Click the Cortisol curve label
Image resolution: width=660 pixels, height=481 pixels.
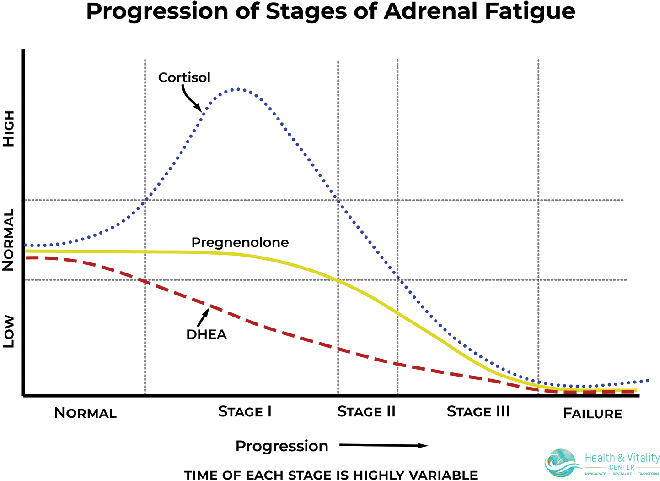point(184,77)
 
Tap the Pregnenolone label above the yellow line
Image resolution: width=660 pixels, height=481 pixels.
point(240,242)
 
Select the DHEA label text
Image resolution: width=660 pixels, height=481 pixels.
point(206,334)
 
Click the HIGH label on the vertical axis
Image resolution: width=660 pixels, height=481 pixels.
point(9,129)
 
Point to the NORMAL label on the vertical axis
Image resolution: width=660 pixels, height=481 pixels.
point(9,240)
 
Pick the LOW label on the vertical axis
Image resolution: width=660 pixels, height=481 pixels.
point(9,331)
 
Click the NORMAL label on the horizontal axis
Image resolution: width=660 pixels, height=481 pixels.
point(86,413)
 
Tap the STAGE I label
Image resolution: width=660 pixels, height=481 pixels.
point(245,412)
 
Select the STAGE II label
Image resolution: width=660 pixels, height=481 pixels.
point(366,412)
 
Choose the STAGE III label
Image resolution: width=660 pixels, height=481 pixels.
point(478,412)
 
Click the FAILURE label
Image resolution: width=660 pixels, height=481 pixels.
point(592,414)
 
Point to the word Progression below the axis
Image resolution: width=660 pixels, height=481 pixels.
point(282,446)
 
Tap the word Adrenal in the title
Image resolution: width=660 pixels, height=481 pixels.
point(432,11)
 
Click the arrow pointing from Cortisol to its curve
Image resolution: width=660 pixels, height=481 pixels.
point(191,99)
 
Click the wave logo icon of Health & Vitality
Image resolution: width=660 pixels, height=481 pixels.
point(561,463)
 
